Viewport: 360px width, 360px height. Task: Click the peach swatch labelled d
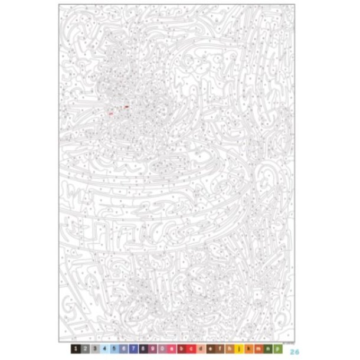pos(201,350)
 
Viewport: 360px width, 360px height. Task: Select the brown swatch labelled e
pos(211,350)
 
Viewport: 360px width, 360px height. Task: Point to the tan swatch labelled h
pos(231,350)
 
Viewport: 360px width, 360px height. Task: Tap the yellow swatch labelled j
pos(240,350)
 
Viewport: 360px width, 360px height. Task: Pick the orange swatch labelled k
pos(250,350)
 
